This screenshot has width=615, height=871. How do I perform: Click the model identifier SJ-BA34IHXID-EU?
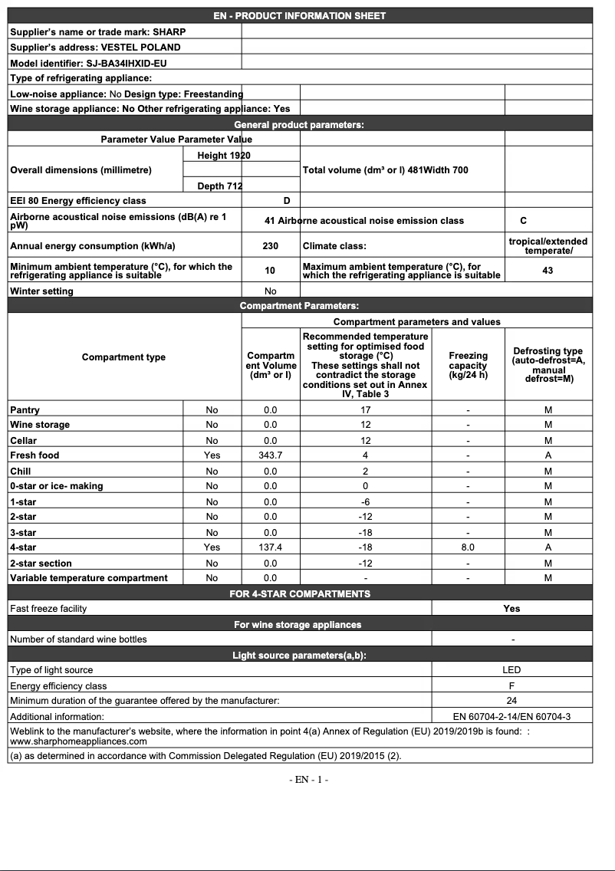coord(127,63)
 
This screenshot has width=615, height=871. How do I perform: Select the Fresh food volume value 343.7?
coord(270,455)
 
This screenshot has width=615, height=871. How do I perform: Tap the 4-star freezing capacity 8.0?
coord(468,547)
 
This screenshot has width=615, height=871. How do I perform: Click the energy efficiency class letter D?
coord(287,201)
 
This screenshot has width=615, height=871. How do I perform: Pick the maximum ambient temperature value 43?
coord(548,271)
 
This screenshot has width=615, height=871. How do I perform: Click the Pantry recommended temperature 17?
coord(365,410)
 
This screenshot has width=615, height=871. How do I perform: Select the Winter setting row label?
coord(42,291)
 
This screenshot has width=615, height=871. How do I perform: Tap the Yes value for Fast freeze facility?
coord(511,609)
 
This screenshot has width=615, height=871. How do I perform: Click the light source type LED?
coord(511,670)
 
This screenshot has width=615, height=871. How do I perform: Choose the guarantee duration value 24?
coord(511,701)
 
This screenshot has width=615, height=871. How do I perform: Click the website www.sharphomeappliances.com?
coord(78,741)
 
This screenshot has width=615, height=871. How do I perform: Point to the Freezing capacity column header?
coord(468,365)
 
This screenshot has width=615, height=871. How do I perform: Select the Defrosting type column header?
coord(548,365)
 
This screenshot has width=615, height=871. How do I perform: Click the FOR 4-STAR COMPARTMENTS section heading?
coord(299,593)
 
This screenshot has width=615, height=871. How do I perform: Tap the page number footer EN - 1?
coord(308,780)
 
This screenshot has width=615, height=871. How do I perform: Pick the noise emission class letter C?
coord(523,221)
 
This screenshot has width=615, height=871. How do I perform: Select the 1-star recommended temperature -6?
coord(365,501)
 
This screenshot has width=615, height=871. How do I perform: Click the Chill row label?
coord(21,471)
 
